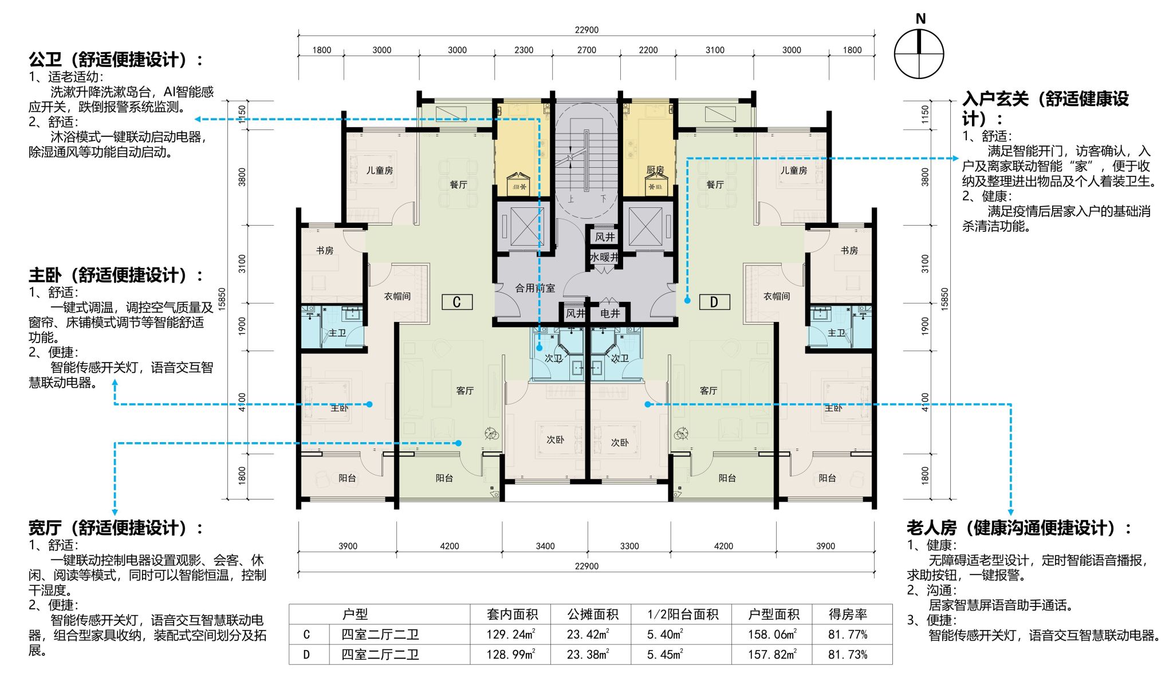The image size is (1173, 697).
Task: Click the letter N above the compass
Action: (920, 19)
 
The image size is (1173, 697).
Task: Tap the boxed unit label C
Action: (456, 302)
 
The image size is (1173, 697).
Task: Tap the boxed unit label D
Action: (714, 302)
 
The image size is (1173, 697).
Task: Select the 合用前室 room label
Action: (535, 288)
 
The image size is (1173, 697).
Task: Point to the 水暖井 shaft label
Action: (604, 257)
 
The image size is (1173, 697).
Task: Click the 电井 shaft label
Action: (610, 313)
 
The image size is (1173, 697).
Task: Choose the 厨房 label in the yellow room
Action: (655, 170)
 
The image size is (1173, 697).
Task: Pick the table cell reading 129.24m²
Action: (511, 635)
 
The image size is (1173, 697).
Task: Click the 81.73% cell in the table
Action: (848, 655)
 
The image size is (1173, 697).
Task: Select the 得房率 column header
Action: (848, 615)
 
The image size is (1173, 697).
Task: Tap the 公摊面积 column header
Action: (593, 615)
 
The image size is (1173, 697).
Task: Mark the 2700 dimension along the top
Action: (586, 50)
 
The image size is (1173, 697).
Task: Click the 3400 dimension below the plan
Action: (545, 546)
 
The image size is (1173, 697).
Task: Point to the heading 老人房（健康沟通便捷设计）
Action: (1019, 527)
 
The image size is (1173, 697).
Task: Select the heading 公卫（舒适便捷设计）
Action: (116, 59)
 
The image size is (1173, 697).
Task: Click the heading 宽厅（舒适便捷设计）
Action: (116, 527)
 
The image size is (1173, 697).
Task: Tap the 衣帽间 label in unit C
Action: (397, 296)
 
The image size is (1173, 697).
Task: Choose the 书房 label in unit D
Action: (849, 250)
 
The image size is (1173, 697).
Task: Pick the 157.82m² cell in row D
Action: (772, 655)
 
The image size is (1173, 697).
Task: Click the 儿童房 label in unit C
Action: (380, 170)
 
